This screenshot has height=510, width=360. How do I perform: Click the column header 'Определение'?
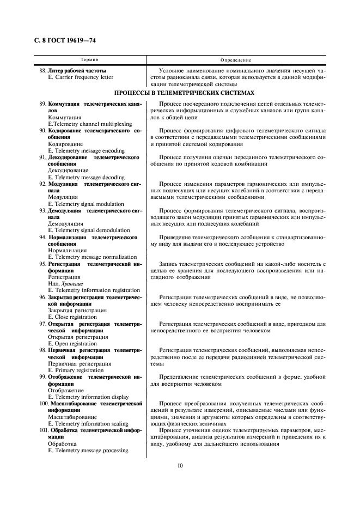click(x=236, y=59)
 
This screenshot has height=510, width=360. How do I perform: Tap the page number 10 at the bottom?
click(x=180, y=465)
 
